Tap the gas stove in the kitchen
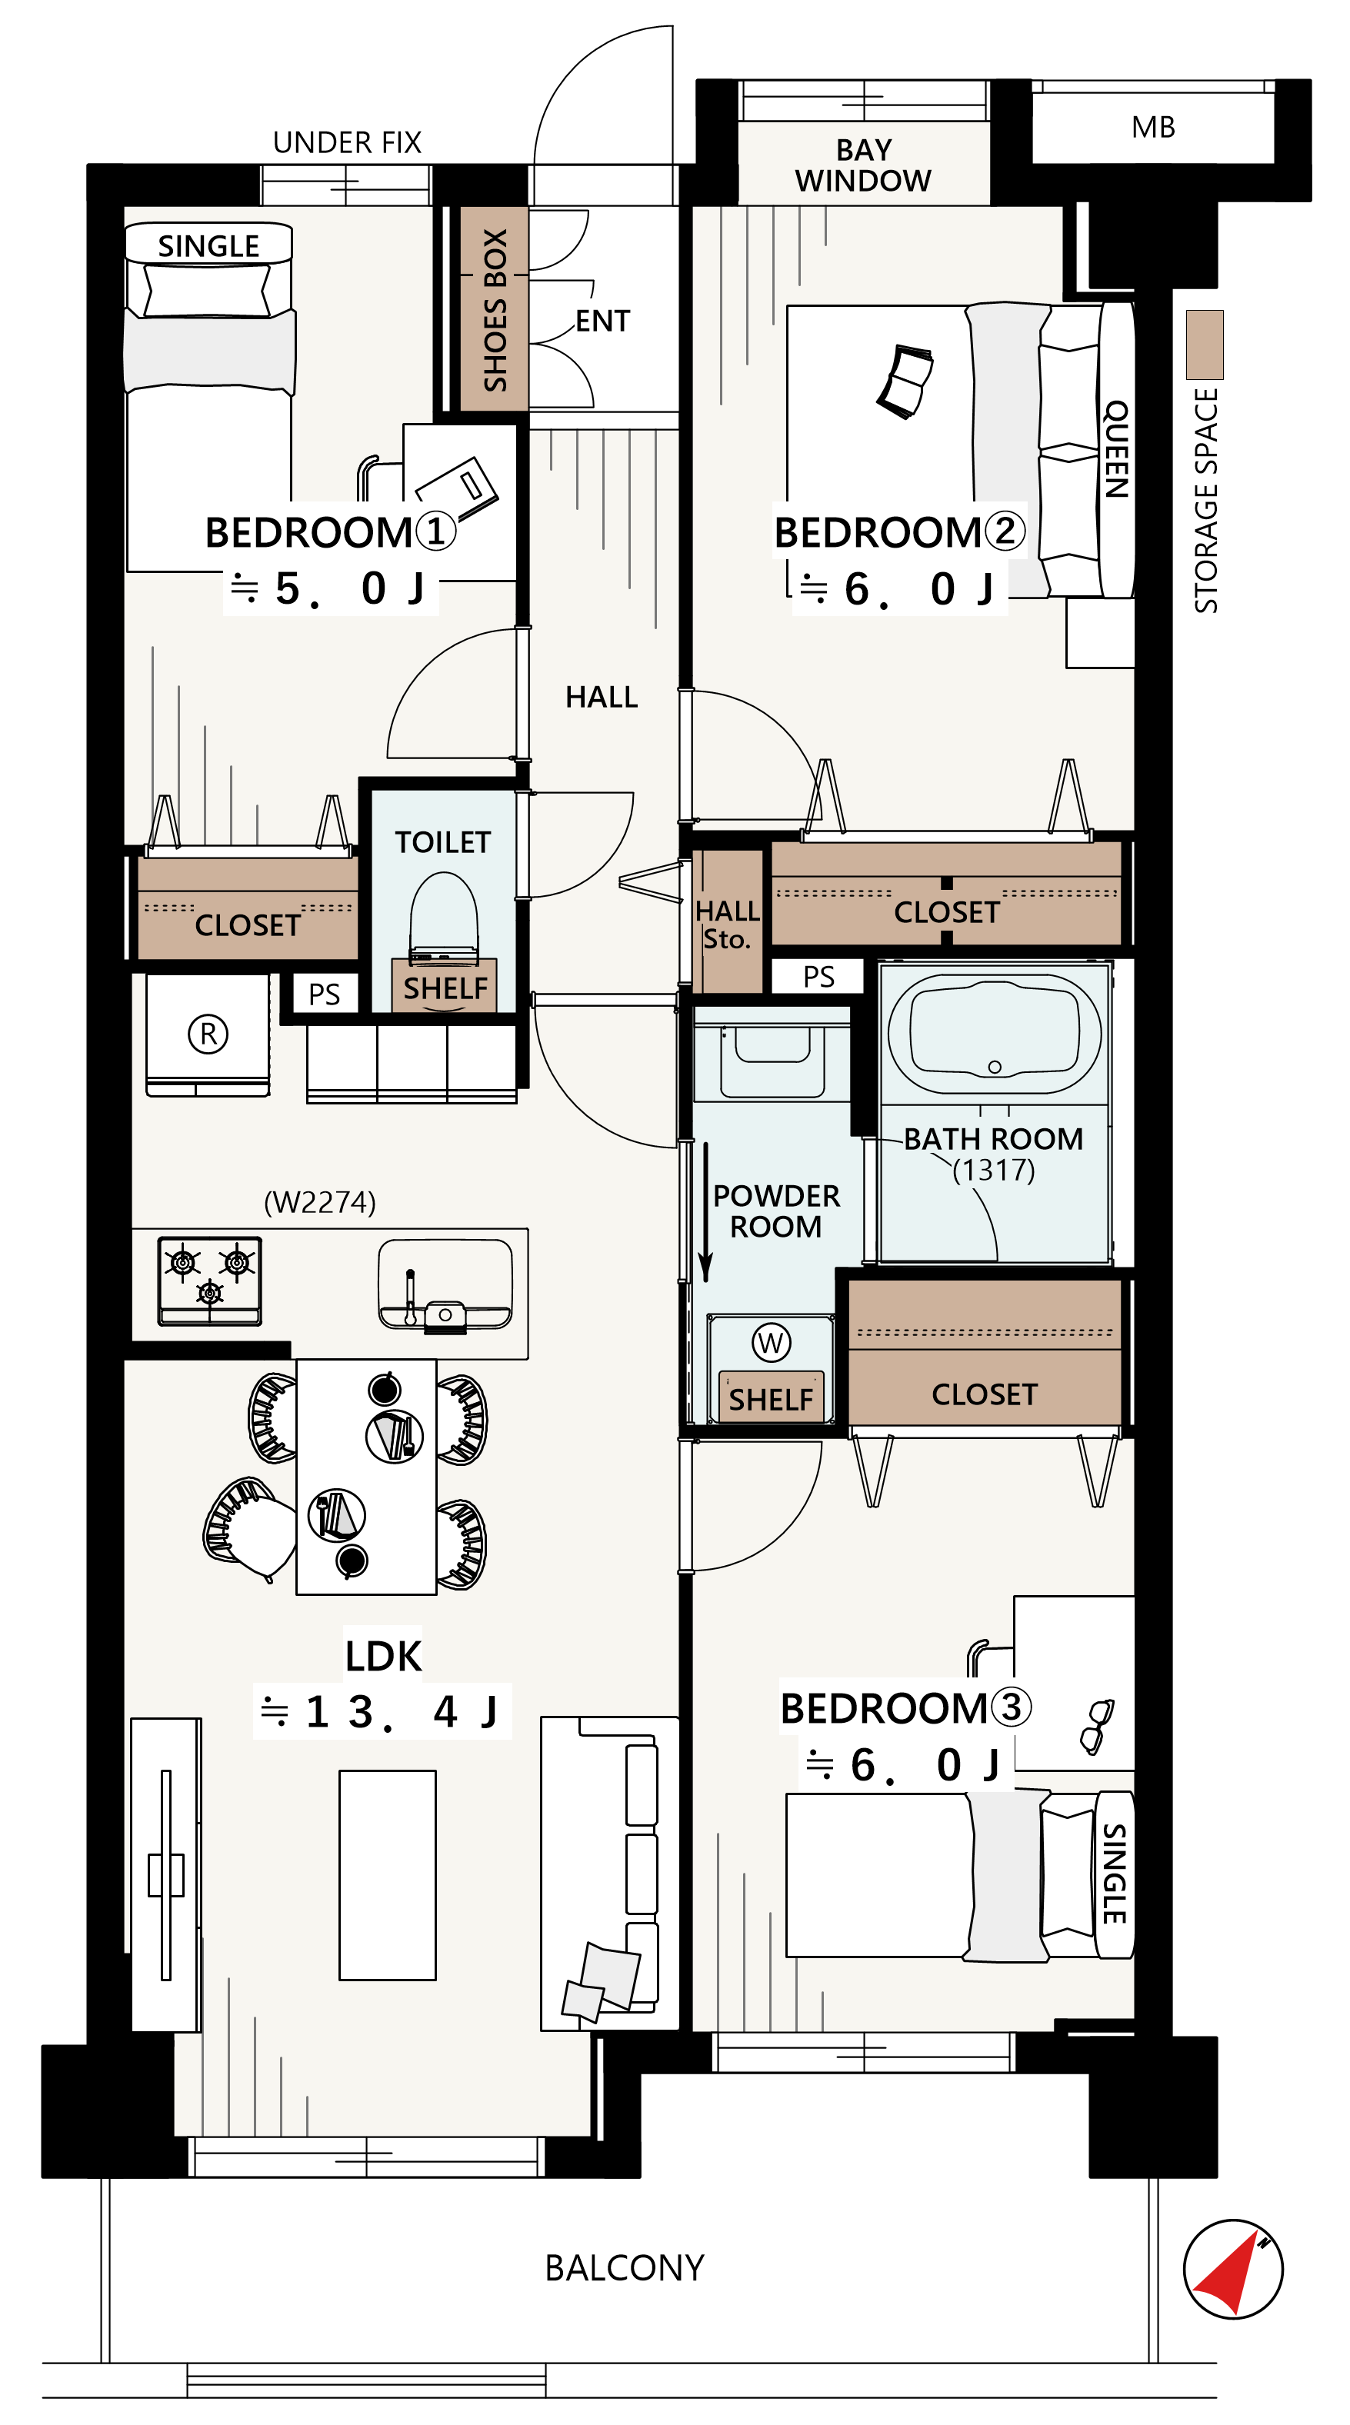[x=210, y=1281]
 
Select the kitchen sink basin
[x=445, y=1283]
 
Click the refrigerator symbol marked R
[x=208, y=1034]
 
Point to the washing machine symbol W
[x=771, y=1342]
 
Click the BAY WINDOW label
[x=863, y=165]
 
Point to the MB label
[x=1153, y=127]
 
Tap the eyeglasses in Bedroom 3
[x=1097, y=1727]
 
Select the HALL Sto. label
[x=727, y=924]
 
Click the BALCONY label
[x=624, y=2268]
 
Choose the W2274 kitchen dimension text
[x=320, y=1202]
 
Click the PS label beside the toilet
[x=324, y=994]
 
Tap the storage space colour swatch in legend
[x=1204, y=345]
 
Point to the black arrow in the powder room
[x=705, y=1212]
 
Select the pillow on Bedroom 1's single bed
[x=208, y=290]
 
